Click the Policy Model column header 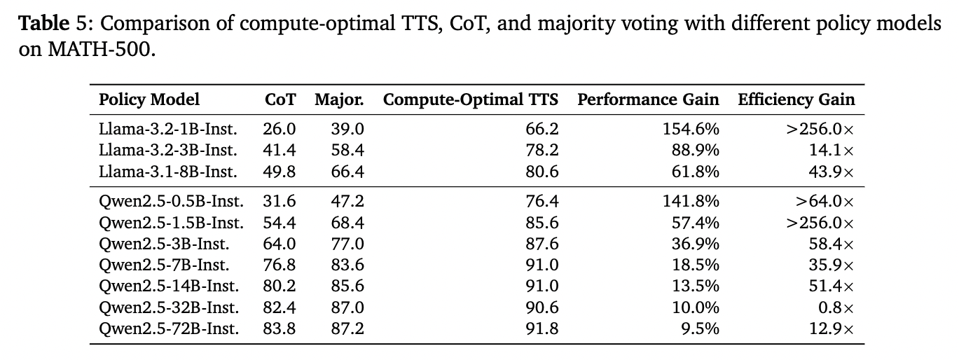(x=149, y=99)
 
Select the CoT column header (x=280, y=99)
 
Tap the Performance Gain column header (x=648, y=99)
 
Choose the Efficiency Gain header (x=796, y=99)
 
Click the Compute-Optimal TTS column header (x=471, y=99)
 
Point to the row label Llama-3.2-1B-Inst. (x=168, y=129)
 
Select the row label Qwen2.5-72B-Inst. (x=169, y=328)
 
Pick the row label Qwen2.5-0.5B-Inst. (x=171, y=201)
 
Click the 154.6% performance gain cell (x=691, y=129)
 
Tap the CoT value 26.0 (x=279, y=129)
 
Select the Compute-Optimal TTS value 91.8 (x=542, y=328)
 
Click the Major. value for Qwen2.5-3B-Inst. (x=347, y=244)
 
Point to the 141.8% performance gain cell (x=691, y=201)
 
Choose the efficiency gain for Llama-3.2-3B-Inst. (x=831, y=151)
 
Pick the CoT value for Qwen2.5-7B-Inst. (x=279, y=265)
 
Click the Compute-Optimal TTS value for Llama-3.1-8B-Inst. (x=542, y=172)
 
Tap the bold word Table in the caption (x=43, y=23)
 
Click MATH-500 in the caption (x=99, y=50)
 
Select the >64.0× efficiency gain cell (x=824, y=201)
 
